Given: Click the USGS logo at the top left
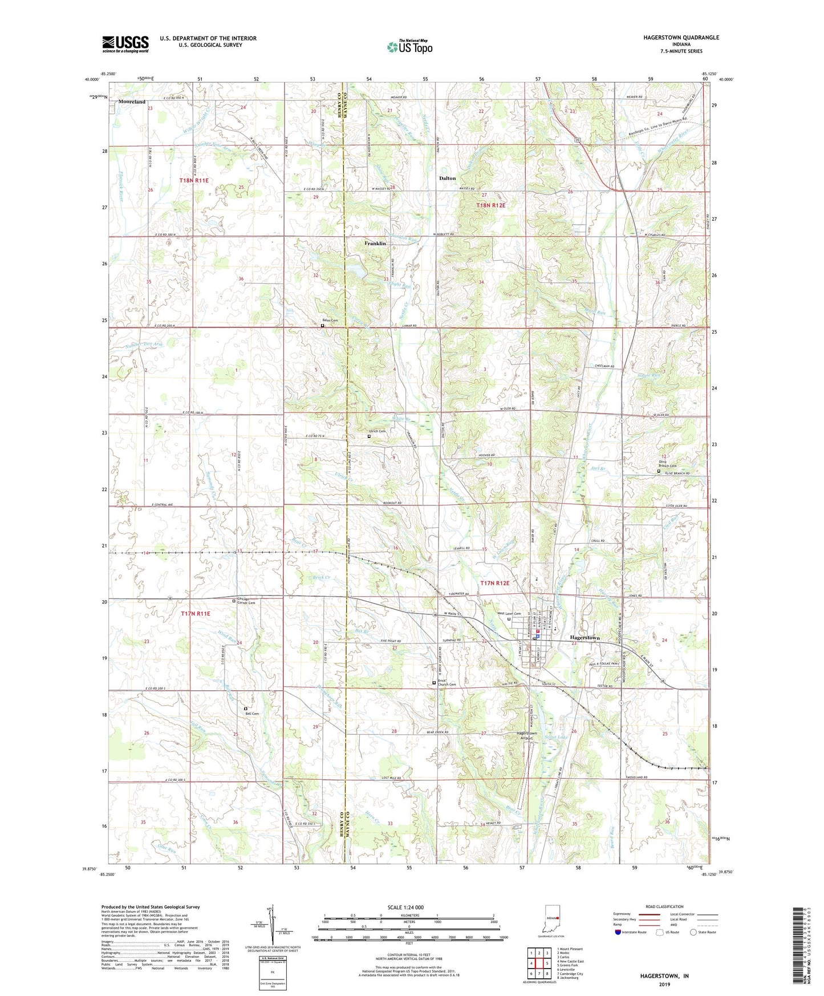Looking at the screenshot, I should [x=125, y=44].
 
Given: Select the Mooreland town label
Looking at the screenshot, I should [x=132, y=102].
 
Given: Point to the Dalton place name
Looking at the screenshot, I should [x=447, y=179].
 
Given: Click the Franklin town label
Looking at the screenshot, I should [x=375, y=244].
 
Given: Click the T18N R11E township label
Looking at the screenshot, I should [x=194, y=180].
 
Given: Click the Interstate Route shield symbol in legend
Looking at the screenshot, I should [x=619, y=932].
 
